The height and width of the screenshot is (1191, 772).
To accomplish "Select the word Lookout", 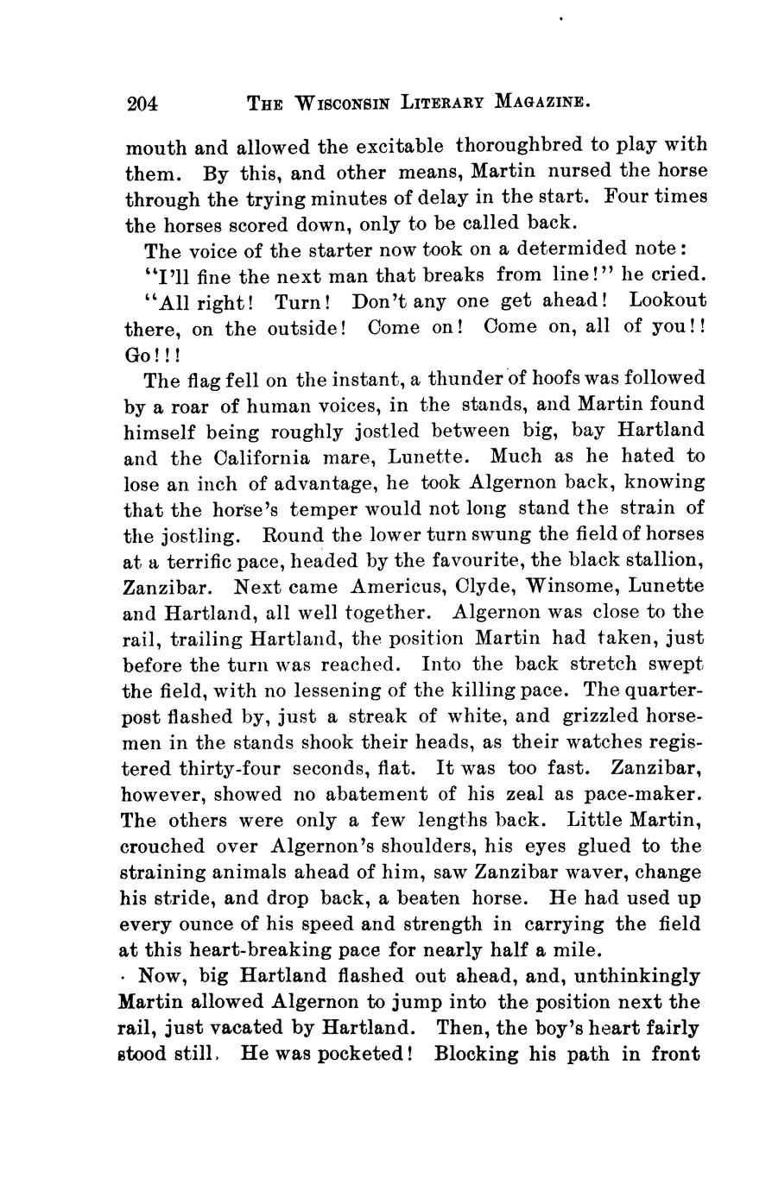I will (667, 301).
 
